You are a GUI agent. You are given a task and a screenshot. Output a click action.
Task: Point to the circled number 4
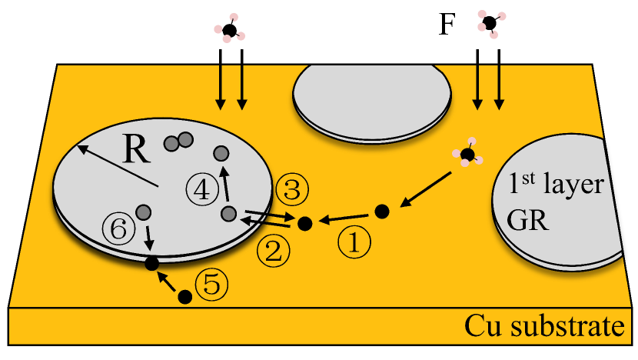pyautogui.click(x=201, y=189)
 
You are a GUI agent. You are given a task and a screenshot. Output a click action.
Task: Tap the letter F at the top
pyautogui.click(x=447, y=25)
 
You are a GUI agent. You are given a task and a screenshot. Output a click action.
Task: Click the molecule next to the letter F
pyautogui.click(x=489, y=22)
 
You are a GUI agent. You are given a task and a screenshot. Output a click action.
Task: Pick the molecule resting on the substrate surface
pyautogui.click(x=467, y=155)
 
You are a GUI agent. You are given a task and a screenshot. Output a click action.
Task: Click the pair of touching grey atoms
pyautogui.click(x=178, y=142)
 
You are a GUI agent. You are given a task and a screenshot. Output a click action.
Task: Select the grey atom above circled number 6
pyautogui.click(x=143, y=211)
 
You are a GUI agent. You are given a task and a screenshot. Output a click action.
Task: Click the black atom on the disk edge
pyautogui.click(x=152, y=263)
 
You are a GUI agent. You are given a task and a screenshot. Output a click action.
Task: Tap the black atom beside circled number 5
pyautogui.click(x=184, y=296)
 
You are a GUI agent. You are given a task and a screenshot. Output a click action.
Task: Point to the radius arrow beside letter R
pyautogui.click(x=116, y=165)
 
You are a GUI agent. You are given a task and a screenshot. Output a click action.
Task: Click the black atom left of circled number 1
pyautogui.click(x=305, y=224)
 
